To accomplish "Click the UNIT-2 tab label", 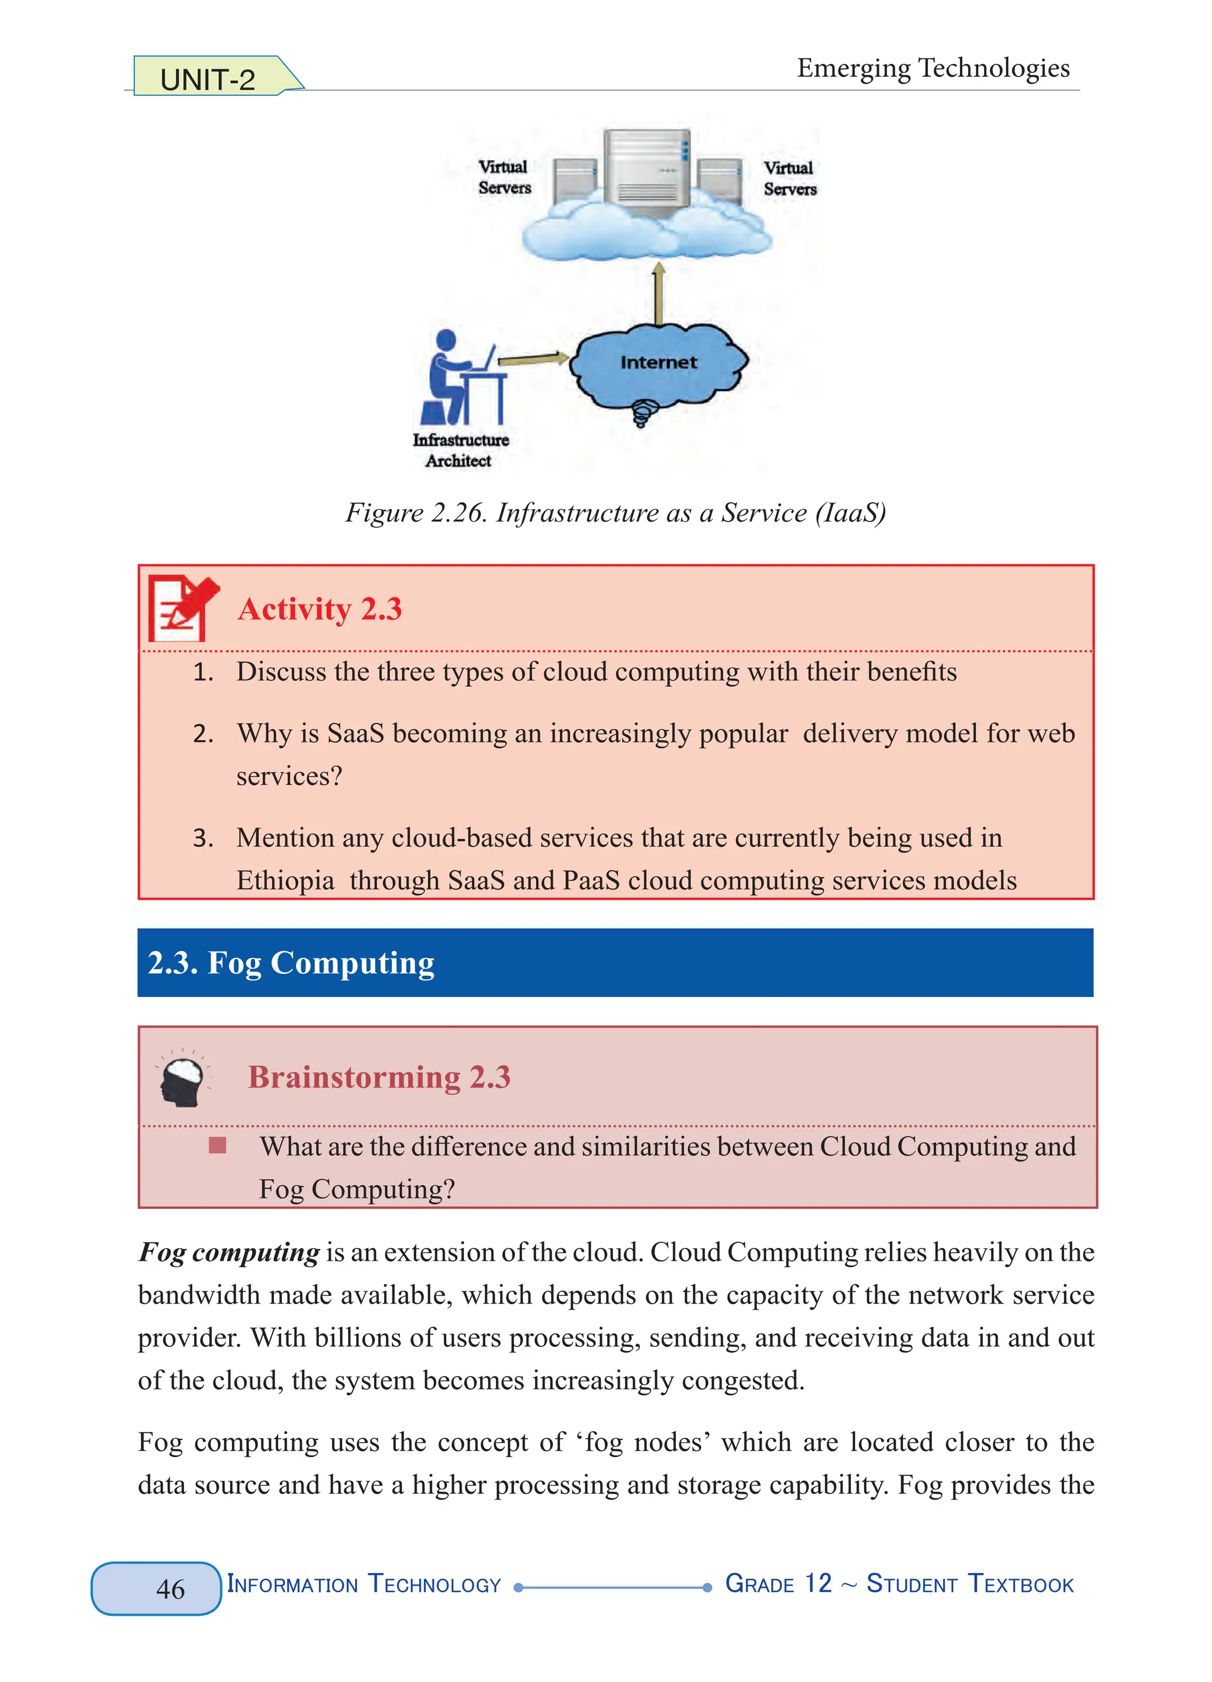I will click(x=208, y=79).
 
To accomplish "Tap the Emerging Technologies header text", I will click(x=933, y=68).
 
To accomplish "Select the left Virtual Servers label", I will click(x=504, y=177).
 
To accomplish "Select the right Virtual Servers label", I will click(x=789, y=179).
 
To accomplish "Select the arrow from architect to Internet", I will click(x=532, y=360).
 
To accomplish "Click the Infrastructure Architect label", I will click(x=460, y=450).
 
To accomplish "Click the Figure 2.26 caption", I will click(x=615, y=513).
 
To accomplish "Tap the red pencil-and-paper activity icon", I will click(x=182, y=608).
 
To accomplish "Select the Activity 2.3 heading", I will click(x=320, y=610).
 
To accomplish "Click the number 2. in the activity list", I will click(x=202, y=734).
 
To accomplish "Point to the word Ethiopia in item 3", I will click(x=285, y=880).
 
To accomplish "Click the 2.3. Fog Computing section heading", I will click(x=291, y=963).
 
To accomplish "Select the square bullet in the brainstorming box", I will click(x=217, y=1146).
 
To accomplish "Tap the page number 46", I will click(x=170, y=1588).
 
